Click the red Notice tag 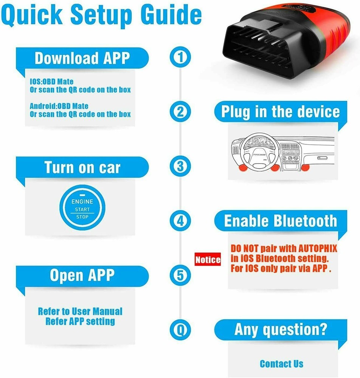point(208,260)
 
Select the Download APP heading point(82,58)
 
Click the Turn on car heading point(82,167)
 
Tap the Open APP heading point(82,276)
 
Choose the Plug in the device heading point(280,112)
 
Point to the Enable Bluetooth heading point(280,221)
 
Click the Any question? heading point(280,330)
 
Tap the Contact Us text point(281,364)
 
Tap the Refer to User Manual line point(80,311)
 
